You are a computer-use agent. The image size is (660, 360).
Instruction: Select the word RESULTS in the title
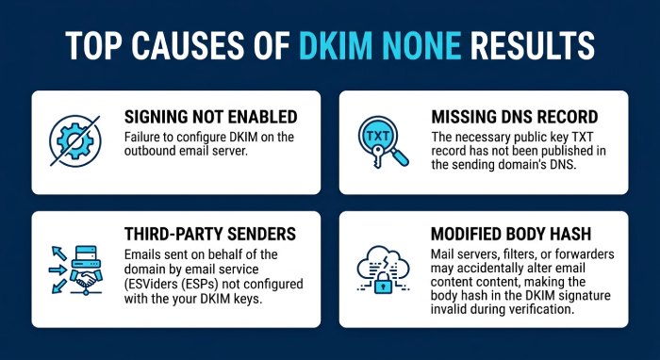click(533, 45)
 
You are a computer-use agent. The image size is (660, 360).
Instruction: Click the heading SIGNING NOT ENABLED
click(210, 118)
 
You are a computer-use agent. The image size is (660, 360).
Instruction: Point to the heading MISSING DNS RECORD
click(515, 118)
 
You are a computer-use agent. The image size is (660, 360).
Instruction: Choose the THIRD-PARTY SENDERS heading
click(210, 234)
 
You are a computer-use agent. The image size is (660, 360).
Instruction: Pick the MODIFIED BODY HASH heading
click(511, 234)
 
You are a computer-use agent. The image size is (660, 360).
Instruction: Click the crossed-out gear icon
click(74, 140)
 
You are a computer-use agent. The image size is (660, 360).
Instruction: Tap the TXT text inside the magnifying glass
click(377, 136)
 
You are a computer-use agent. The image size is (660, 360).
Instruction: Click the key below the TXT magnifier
click(377, 156)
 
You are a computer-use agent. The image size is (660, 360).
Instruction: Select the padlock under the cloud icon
click(383, 282)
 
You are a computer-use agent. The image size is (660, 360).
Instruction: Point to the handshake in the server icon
click(87, 278)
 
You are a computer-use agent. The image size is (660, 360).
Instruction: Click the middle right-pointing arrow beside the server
click(58, 270)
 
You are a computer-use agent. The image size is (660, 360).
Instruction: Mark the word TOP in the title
click(94, 45)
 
